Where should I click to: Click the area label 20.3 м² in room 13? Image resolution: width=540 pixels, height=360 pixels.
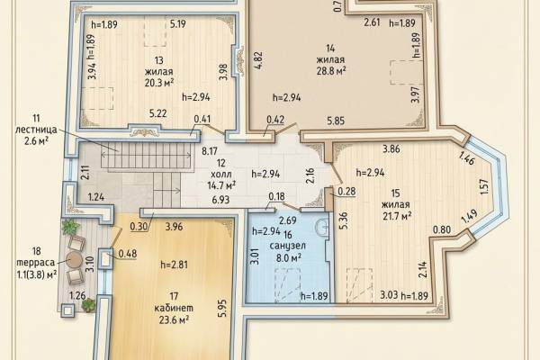[x=158, y=84]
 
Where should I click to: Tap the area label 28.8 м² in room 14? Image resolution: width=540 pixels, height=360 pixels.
[x=331, y=71]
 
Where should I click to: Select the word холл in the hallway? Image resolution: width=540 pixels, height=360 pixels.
[x=222, y=175]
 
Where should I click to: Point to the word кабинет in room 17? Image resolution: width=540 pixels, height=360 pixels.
[x=174, y=308]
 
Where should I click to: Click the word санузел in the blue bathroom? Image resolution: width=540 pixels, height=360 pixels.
[x=288, y=246]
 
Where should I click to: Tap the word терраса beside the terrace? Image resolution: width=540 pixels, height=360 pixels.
[x=35, y=263]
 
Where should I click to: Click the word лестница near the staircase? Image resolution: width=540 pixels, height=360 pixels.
[x=36, y=130]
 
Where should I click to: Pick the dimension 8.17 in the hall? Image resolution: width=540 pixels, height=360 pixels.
[x=210, y=151]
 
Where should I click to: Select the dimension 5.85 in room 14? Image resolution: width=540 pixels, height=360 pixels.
[x=336, y=121]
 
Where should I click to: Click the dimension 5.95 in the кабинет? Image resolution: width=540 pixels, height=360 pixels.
[x=223, y=309]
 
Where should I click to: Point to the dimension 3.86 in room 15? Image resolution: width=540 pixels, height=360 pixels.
[x=391, y=149]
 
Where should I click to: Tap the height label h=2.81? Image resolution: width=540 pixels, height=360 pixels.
[x=174, y=265]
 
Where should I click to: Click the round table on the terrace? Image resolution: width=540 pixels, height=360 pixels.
[x=74, y=260]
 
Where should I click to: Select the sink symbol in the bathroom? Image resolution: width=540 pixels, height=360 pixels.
[x=321, y=227]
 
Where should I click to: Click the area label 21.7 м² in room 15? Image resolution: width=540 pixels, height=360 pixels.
[x=398, y=216]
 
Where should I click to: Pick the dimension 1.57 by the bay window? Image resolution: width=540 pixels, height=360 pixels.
[x=484, y=186]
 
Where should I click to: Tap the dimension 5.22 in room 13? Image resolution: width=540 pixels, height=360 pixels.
[x=158, y=113]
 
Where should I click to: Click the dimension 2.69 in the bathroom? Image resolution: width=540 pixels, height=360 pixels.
[x=288, y=220]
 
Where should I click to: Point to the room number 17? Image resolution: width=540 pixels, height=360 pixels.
[x=174, y=296]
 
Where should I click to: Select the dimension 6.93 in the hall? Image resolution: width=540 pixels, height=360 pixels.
[x=220, y=200]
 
